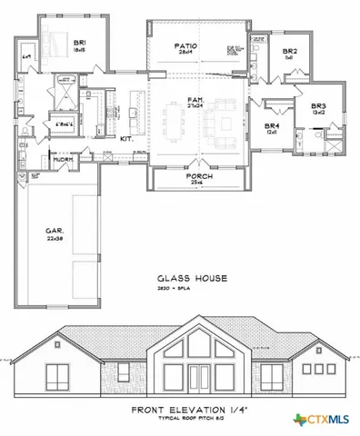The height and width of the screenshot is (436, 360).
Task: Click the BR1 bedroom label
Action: point(80,41)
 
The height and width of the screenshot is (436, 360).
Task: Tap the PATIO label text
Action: point(188,45)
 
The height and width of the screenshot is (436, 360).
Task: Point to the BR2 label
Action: point(289,51)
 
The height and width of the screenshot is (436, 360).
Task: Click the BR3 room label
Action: point(318,105)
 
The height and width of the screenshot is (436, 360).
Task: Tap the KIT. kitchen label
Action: point(127,138)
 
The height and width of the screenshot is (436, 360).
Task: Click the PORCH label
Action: point(199,176)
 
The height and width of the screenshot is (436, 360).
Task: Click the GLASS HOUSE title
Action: point(190,278)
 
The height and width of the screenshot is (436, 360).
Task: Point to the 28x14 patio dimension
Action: point(188,53)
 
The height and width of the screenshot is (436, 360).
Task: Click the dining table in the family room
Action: point(174,118)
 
